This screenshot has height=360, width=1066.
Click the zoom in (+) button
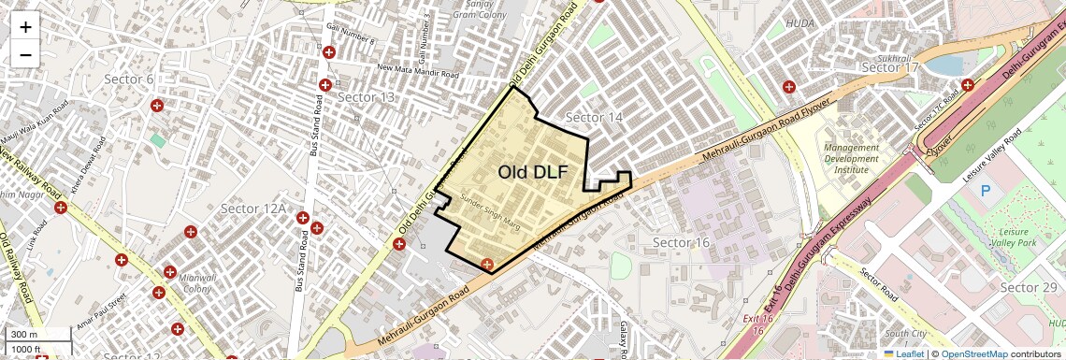tap(25, 27)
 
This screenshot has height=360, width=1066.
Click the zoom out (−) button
tap(25, 55)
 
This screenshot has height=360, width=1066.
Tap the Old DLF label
tap(532, 172)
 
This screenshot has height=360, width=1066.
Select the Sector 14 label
tap(595, 117)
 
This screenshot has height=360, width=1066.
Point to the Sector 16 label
tap(682, 243)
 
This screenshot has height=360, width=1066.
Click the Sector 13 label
tap(366, 97)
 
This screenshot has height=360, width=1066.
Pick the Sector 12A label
tap(252, 208)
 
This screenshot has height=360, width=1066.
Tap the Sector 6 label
tap(129, 79)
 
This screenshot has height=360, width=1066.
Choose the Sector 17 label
tap(890, 67)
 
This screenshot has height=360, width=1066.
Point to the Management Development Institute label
tap(851, 159)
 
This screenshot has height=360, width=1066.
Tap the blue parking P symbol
tap(985, 191)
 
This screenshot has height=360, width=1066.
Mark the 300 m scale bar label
tap(25, 335)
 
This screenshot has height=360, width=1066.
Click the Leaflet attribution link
tap(902, 353)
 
